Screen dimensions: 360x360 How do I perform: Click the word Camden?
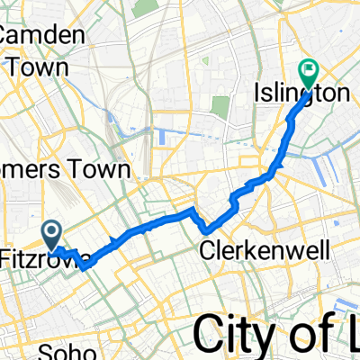pyautogui.click(x=43, y=36)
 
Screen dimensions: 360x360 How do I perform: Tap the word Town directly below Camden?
pyautogui.click(x=27, y=66)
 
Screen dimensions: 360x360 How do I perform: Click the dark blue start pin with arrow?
pyautogui.click(x=53, y=236)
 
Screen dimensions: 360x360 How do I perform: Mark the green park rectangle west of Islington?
pyautogui.click(x=221, y=105)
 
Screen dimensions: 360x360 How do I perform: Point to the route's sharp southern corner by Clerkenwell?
pyautogui.click(x=205, y=225)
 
